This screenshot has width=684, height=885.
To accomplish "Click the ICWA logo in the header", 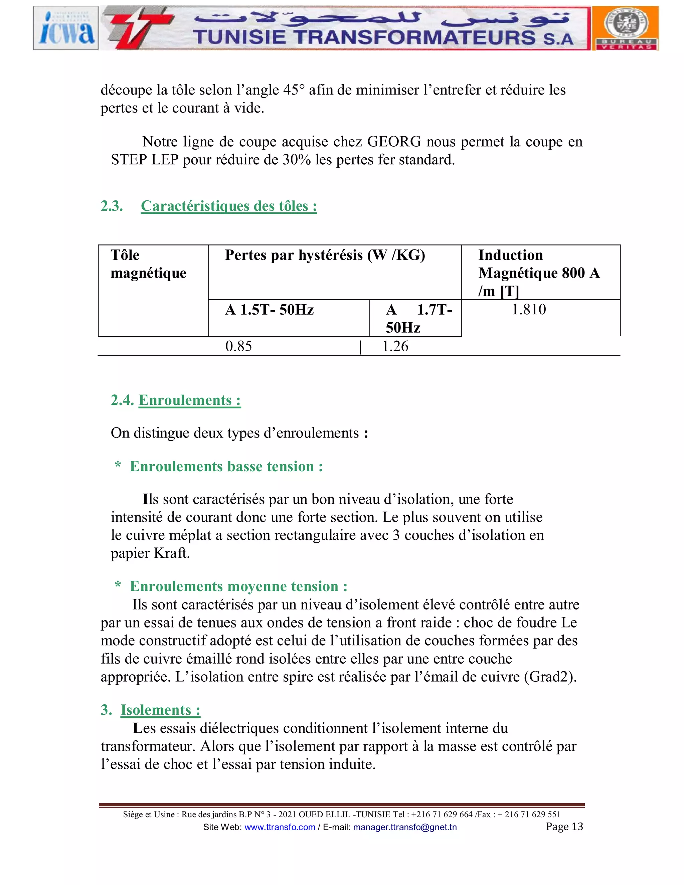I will [66, 28].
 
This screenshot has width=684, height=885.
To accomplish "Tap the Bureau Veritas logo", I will [625, 28].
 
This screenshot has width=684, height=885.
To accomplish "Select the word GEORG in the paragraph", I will [388, 142].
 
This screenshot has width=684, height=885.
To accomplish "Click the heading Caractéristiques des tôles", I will [228, 206].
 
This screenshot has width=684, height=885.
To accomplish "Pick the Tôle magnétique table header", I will [148, 264].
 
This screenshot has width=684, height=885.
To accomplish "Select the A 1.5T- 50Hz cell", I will [270, 310].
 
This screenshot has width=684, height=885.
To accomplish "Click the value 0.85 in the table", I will [239, 346].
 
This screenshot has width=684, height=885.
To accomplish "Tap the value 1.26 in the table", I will [395, 346].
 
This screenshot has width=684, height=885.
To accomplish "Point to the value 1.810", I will [528, 310].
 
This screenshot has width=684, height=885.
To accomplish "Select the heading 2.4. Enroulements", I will [176, 400].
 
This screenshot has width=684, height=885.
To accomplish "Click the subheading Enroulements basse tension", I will [226, 467].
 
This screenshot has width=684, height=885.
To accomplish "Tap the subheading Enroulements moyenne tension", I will [238, 586].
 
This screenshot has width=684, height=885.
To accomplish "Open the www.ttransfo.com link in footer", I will [280, 827].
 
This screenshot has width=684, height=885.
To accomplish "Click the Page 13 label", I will [564, 826].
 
